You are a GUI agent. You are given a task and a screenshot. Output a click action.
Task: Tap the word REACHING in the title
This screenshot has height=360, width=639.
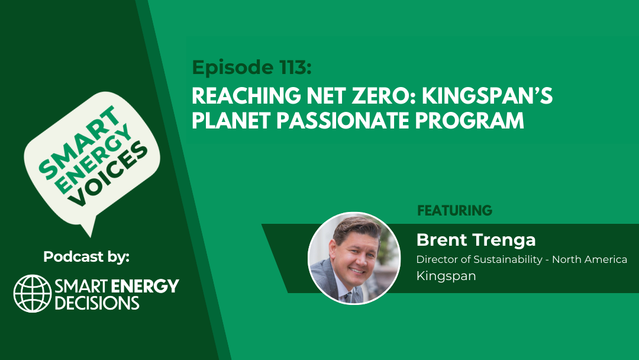point(246,97)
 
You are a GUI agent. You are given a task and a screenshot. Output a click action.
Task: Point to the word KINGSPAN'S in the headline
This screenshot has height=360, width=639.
point(487,97)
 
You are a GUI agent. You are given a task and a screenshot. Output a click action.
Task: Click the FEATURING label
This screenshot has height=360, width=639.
point(455,210)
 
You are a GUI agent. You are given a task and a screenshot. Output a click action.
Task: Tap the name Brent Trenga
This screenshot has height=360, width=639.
point(476,240)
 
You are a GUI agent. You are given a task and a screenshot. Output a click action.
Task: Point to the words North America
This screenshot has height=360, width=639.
point(589,259)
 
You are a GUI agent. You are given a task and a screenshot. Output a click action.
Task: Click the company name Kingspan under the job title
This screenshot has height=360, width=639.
point(446,276)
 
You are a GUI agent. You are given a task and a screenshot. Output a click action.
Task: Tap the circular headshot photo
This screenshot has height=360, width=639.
point(354,258)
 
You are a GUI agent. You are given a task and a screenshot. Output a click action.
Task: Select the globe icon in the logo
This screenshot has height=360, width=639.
point(33,294)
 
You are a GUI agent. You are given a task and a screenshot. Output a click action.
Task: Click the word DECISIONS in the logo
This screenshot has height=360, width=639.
point(97,303)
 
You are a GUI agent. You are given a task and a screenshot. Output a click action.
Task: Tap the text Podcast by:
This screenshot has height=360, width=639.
point(86,257)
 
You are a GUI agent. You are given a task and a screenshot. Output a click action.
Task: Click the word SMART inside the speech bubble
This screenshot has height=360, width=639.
point(78,142)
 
